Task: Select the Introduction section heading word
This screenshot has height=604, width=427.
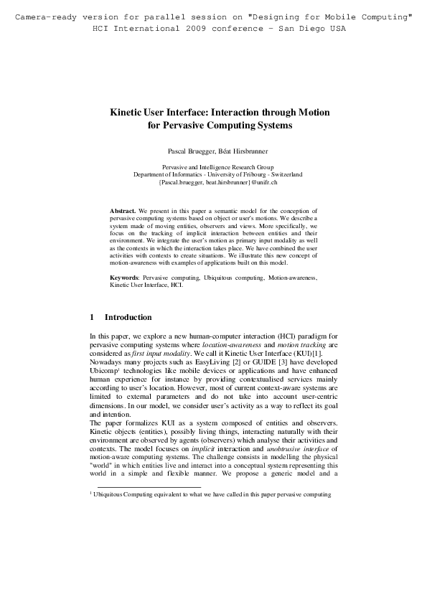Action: [x=128, y=317]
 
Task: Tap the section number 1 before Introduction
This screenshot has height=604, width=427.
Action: [x=92, y=317]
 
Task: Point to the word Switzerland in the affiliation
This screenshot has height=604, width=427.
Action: [x=285, y=174]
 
